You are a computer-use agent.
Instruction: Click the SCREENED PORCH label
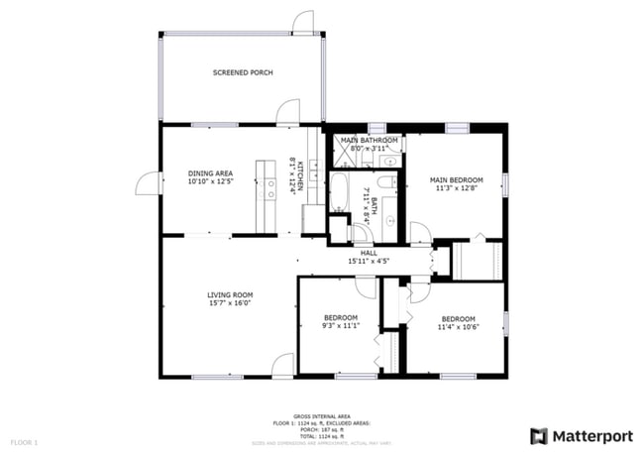click(243, 72)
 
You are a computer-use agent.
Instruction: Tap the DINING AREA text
click(209, 173)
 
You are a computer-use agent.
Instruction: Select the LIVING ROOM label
click(230, 294)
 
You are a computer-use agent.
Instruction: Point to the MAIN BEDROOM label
click(456, 180)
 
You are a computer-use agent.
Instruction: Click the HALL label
click(369, 254)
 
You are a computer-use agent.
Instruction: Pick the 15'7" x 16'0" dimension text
click(230, 303)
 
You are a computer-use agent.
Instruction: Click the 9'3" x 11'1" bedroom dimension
click(340, 325)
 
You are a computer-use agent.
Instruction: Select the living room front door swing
click(283, 364)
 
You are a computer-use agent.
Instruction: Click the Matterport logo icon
click(539, 435)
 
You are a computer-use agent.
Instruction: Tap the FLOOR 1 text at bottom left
click(24, 441)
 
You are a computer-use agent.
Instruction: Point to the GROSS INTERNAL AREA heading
click(322, 415)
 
